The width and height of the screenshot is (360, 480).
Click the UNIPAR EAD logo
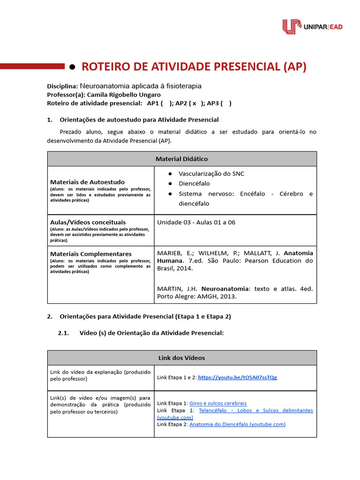[312, 27]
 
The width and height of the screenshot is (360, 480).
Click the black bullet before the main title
[72, 67]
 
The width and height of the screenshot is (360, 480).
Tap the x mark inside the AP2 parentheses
[194, 103]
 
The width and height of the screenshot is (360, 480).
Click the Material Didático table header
[181, 159]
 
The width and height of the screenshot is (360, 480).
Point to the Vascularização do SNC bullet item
[211, 173]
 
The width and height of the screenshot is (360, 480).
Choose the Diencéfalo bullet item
[194, 183]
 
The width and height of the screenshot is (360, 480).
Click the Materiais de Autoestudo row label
[87, 182]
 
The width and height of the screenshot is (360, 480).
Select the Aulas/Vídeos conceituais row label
[88, 222]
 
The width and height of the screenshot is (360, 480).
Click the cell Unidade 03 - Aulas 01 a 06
[196, 222]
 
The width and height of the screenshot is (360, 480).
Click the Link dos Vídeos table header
[181, 358]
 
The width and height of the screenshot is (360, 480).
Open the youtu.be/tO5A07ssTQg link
[237, 377]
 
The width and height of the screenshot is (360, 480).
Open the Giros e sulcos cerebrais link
[218, 403]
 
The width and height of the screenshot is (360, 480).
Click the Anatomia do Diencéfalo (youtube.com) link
[237, 424]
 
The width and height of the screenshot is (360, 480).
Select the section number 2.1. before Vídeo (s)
[63, 333]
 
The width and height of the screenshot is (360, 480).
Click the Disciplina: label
[62, 86]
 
